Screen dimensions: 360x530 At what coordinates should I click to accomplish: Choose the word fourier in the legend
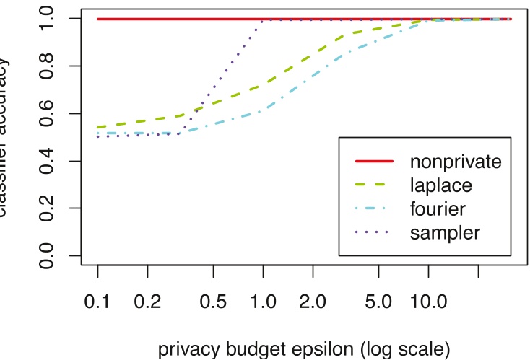[x=438, y=208]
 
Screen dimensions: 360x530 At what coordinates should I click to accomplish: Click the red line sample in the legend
[x=373, y=160]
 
